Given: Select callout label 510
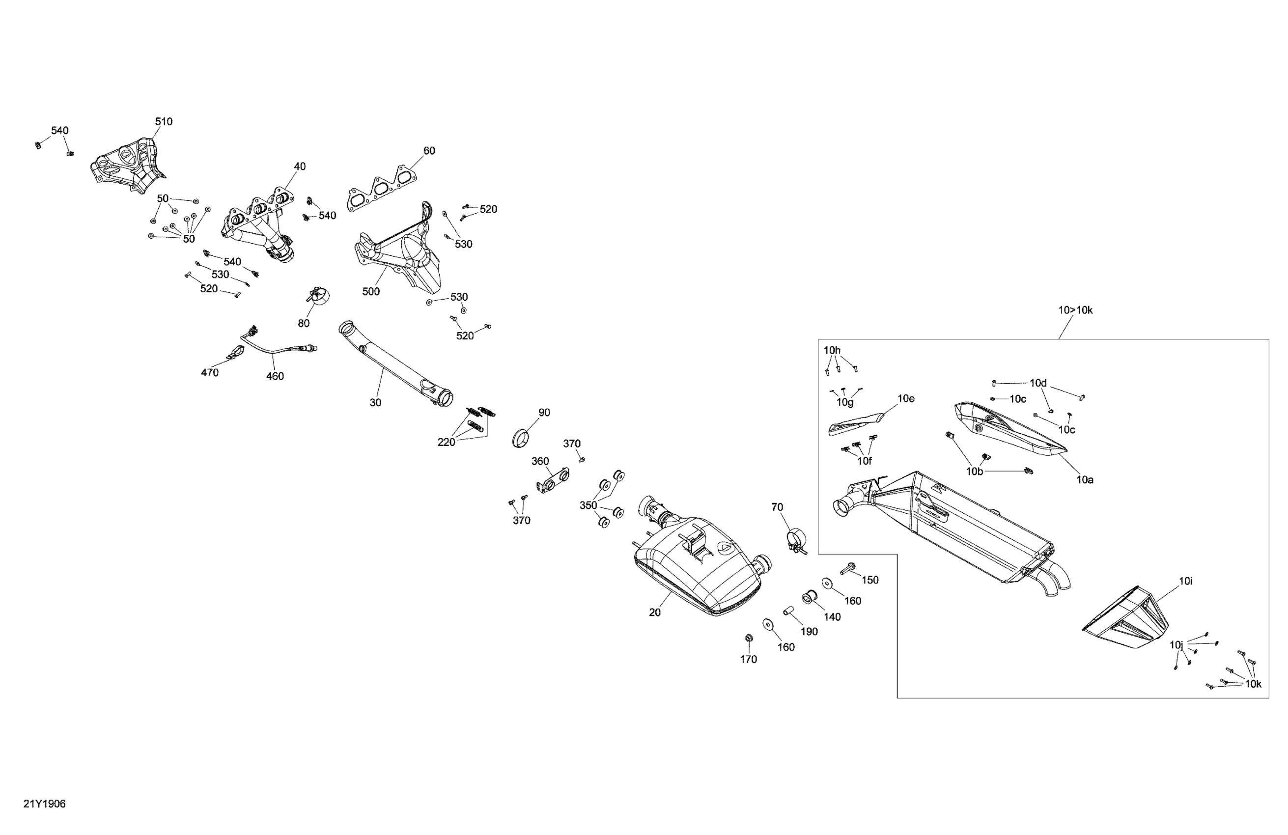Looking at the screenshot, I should (x=164, y=122).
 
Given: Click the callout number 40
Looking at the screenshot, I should (x=299, y=167).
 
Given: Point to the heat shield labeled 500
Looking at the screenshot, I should (x=400, y=254).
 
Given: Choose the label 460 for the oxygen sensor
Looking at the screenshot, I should (x=275, y=376).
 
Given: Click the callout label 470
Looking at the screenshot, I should (x=210, y=372).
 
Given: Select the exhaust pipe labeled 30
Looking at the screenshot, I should (x=395, y=368).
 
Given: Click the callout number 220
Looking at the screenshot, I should (x=446, y=442).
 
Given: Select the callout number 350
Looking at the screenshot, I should (x=588, y=505).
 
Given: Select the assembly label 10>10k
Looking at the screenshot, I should (x=1075, y=310).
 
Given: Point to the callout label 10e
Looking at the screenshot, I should (x=906, y=399).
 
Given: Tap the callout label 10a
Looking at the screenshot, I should (x=1085, y=479).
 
